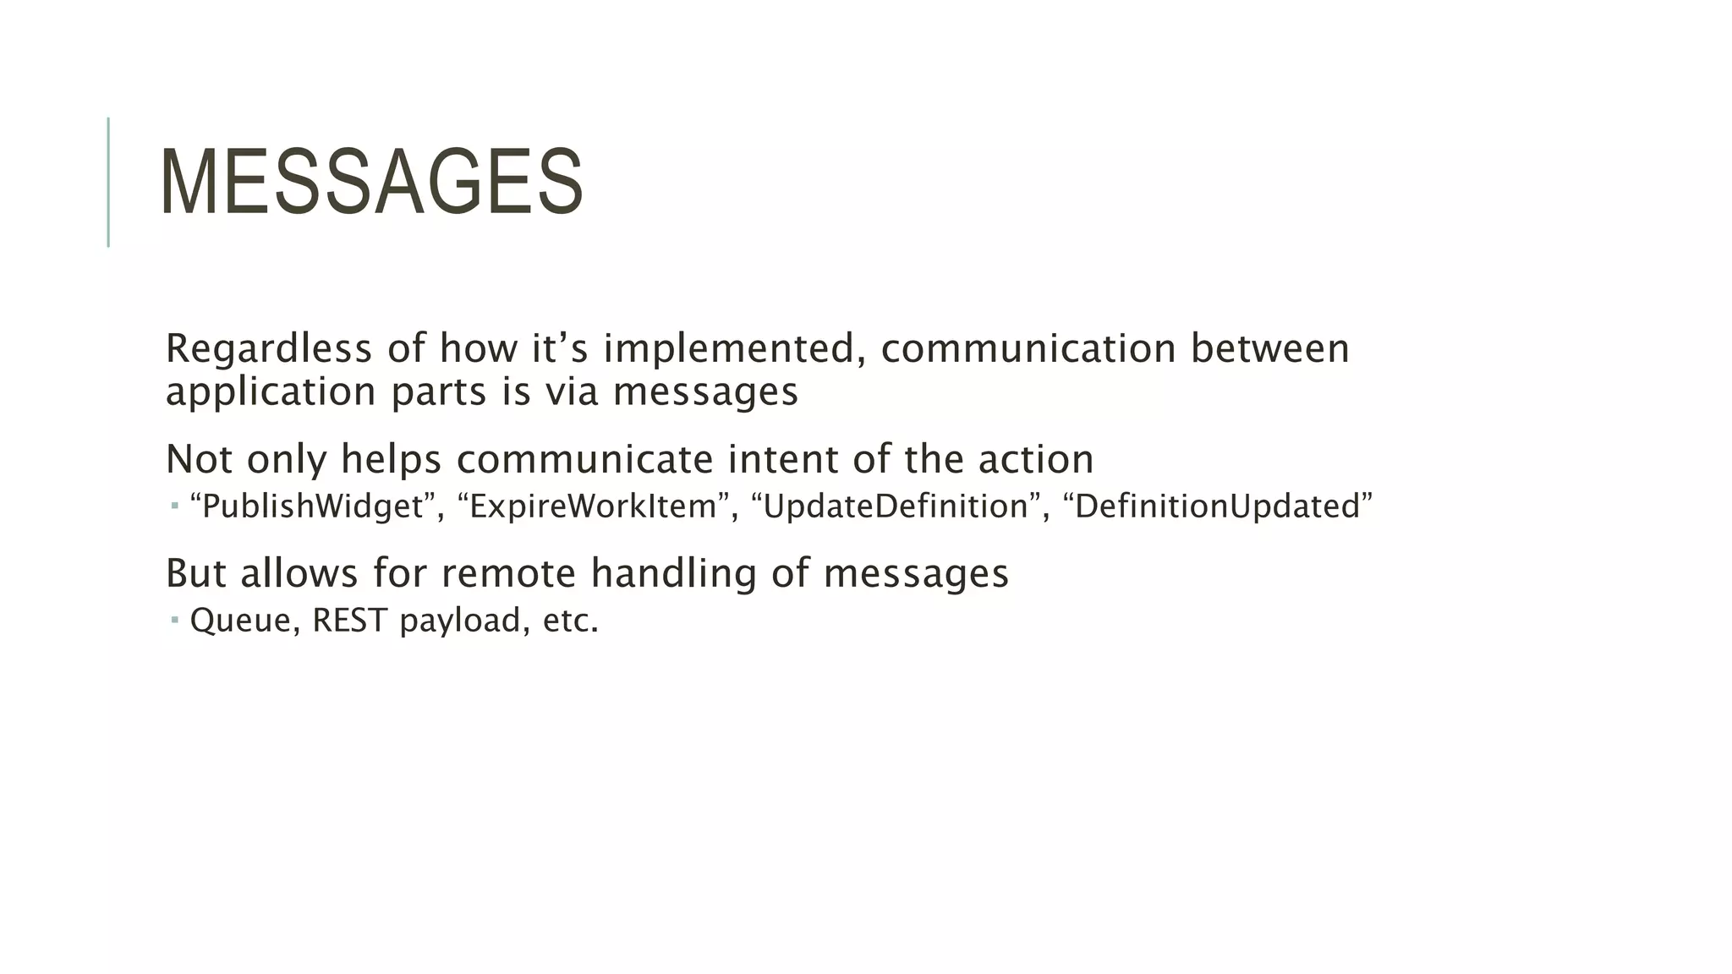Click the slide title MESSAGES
pos(371,183)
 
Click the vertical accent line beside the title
pos(108,182)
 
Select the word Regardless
pos(268,348)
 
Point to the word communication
pos(1028,348)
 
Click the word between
pos(1269,348)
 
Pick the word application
pos(271,392)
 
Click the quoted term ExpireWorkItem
pos(593,506)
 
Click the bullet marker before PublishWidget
pos(174,506)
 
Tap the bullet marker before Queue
pos(174,621)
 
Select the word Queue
pos(241,621)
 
